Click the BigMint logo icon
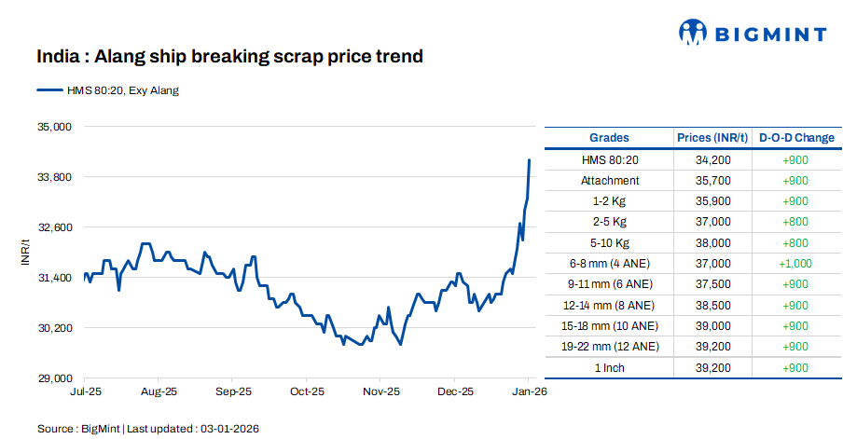pos(691,33)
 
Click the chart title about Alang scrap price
pos(229,57)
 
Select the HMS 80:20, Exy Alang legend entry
pos(108,90)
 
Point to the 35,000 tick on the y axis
pos(53,127)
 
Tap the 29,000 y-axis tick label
pos(53,378)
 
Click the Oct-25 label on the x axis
pos(307,392)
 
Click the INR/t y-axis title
pos(27,253)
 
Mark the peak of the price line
pos(529,160)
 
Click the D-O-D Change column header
pos(796,138)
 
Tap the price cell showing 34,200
pos(712,159)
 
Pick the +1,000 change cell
pos(795,264)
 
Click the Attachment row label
pos(610,181)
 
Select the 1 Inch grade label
pos(610,367)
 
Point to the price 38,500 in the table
pos(712,305)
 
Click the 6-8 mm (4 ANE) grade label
pos(610,264)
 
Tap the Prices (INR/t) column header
pos(712,138)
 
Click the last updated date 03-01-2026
pos(229,429)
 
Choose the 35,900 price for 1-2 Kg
pos(712,201)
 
